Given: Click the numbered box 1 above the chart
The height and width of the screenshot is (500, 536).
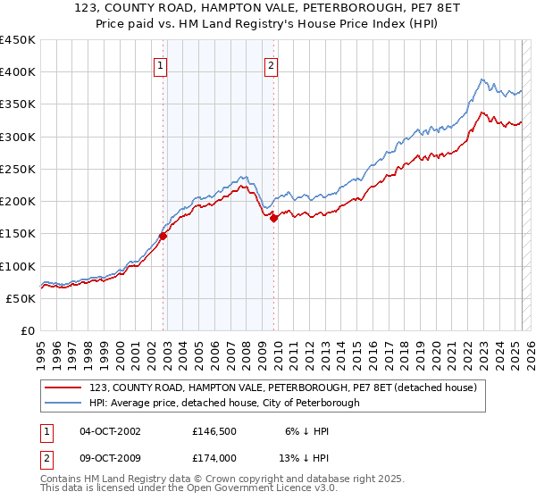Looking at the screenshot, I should (x=160, y=64).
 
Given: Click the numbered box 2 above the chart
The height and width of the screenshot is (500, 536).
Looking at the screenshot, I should (x=270, y=64).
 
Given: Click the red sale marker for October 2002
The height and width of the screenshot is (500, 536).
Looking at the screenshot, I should (x=163, y=236).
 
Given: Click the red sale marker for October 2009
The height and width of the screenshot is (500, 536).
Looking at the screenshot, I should (x=274, y=218).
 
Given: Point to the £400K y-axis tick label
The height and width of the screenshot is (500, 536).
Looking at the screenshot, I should (x=18, y=72).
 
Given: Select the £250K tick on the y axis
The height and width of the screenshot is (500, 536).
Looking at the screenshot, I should (x=18, y=169).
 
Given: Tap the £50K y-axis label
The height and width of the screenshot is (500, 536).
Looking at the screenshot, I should (x=21, y=298).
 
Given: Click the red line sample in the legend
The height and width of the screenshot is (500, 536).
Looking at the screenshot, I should (x=63, y=387).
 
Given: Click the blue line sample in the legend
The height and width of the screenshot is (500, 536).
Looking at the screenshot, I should (x=63, y=403).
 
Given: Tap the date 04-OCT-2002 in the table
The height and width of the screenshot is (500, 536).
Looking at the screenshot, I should (x=110, y=431).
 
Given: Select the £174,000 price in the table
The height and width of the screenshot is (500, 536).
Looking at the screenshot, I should (x=214, y=457).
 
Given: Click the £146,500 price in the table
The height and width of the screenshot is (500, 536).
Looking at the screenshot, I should (x=214, y=431).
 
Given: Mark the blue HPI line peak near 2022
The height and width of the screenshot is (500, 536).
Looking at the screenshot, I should (x=482, y=79).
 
